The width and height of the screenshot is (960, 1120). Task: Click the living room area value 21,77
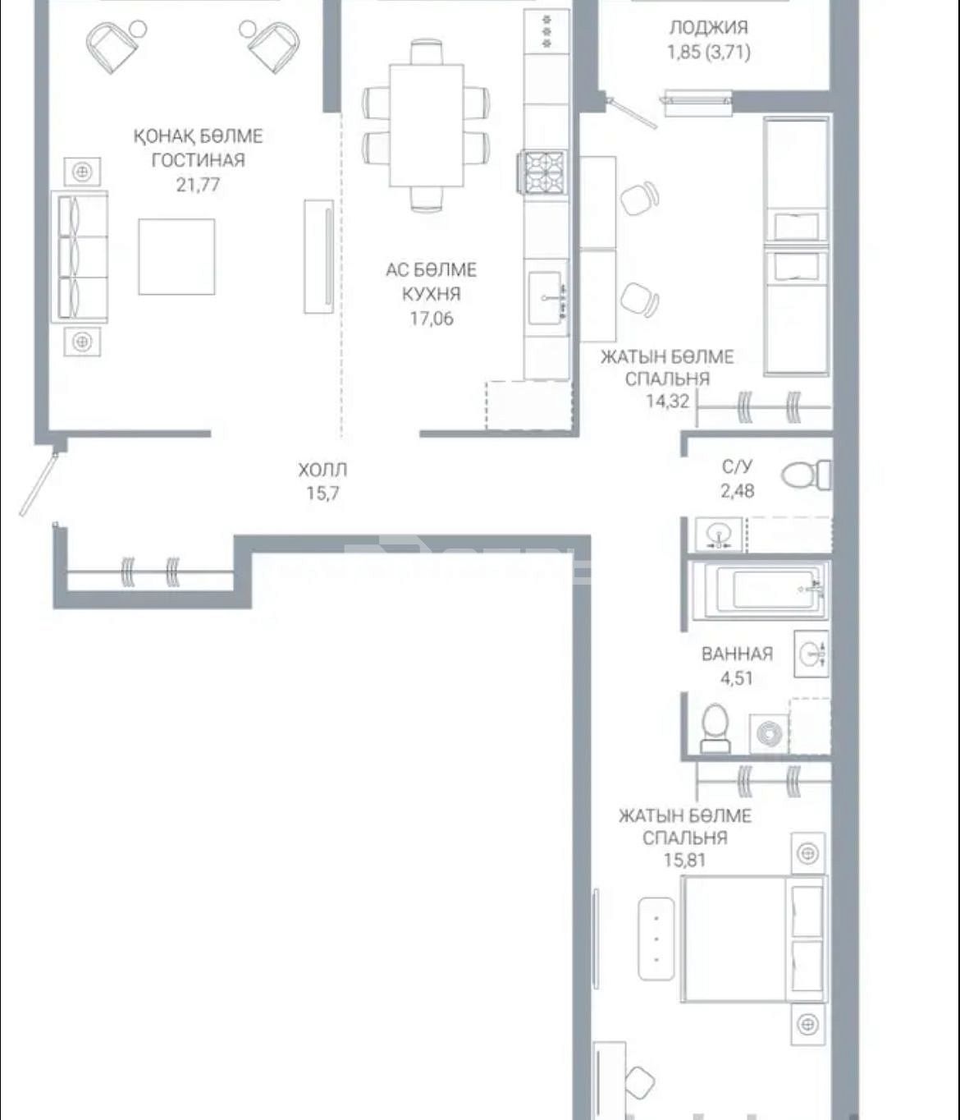(x=198, y=185)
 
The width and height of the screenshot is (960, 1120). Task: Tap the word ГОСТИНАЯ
(x=198, y=160)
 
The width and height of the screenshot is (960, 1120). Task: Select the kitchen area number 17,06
(x=431, y=318)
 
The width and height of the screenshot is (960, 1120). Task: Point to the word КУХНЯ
(x=431, y=294)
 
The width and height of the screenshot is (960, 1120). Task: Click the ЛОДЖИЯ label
(x=709, y=28)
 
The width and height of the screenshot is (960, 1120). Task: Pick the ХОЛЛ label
(x=322, y=469)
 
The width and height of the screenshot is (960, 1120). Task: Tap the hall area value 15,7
(x=322, y=493)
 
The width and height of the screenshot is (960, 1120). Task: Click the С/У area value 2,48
(x=737, y=491)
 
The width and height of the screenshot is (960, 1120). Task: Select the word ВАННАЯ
(x=737, y=654)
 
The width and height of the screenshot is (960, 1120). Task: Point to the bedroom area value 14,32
(x=668, y=401)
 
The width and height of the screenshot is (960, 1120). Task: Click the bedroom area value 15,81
(x=685, y=860)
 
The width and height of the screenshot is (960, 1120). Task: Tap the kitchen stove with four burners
(x=543, y=172)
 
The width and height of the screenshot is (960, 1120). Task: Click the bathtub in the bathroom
(x=760, y=590)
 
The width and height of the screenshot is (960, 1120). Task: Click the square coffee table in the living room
(x=176, y=257)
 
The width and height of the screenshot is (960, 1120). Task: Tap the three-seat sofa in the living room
(x=80, y=257)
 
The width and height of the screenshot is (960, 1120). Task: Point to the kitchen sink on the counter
(x=547, y=298)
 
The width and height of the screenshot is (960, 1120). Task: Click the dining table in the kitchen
(x=427, y=125)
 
